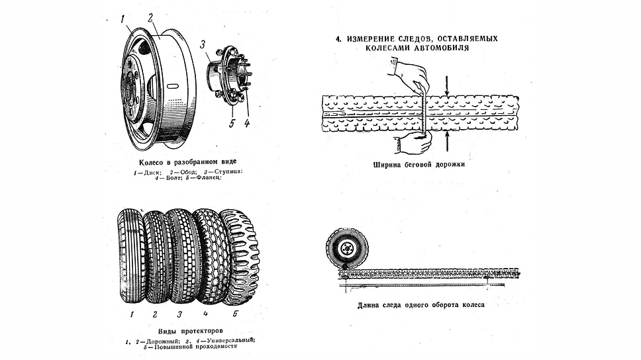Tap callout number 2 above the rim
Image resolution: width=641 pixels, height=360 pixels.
point(152,18)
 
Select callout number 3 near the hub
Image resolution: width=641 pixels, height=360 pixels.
point(204,45)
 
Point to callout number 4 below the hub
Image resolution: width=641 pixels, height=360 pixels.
point(246,122)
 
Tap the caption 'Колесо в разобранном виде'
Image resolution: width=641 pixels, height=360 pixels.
point(187,162)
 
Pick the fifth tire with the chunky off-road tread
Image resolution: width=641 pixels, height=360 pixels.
point(240,256)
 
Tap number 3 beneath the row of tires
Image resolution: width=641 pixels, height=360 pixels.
point(179,314)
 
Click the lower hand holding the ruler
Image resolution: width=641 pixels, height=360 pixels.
point(412,142)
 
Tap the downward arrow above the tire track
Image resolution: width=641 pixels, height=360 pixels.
point(447,84)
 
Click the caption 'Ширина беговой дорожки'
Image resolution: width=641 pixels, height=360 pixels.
point(420,164)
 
